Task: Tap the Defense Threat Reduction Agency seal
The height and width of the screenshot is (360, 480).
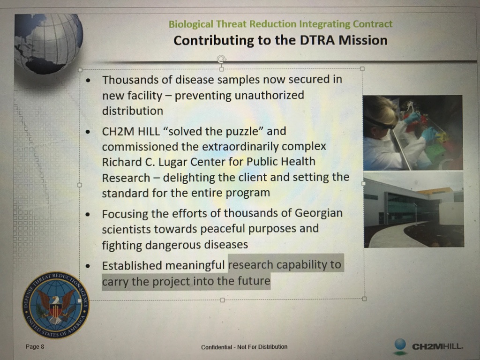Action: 56,305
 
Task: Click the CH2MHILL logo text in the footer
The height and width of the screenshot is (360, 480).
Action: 437,346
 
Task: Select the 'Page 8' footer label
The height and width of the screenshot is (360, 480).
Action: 35,346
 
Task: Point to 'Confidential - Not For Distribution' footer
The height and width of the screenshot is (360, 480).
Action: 244,347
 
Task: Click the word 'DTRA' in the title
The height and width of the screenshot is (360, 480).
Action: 317,40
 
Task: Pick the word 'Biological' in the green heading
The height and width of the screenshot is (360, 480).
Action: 191,24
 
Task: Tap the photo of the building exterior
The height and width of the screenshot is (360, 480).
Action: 414,210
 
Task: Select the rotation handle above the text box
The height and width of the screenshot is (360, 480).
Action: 221,59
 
